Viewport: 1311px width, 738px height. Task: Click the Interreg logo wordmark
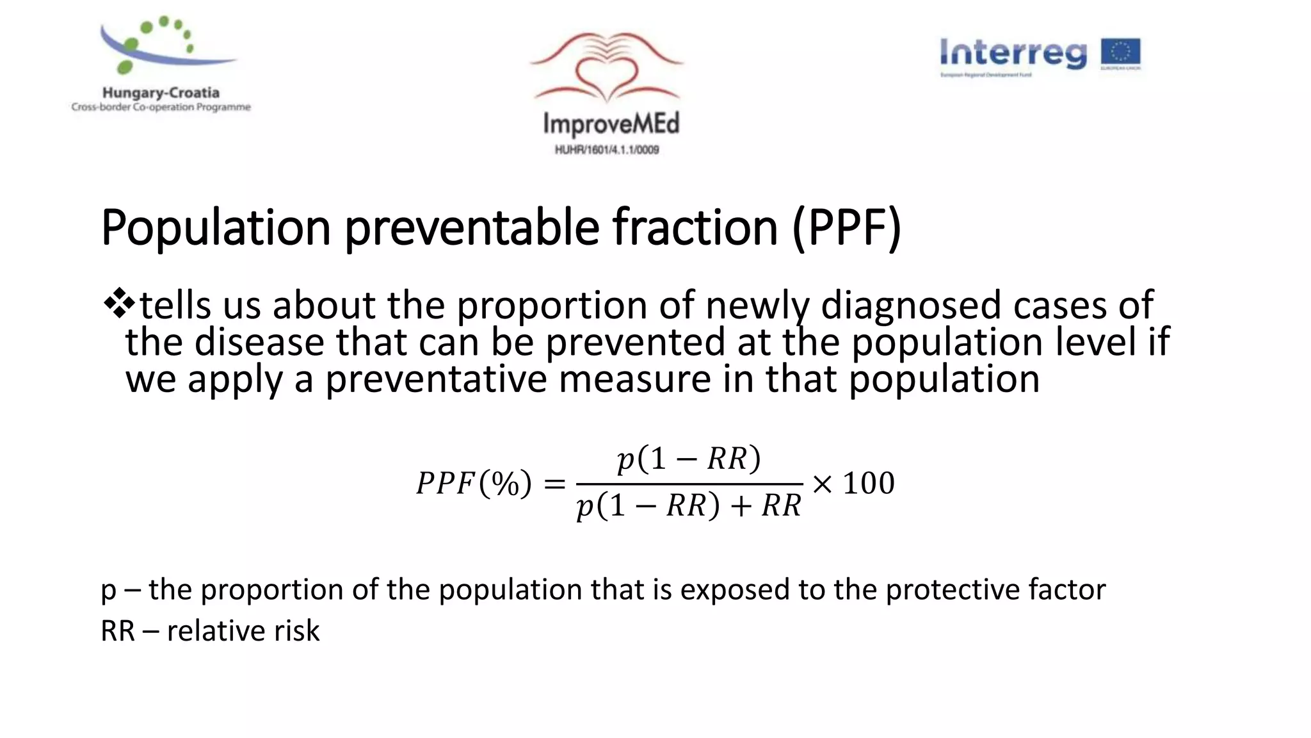tap(1013, 53)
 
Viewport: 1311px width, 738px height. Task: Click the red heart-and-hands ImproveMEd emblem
tap(607, 68)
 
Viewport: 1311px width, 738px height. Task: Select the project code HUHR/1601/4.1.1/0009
tap(607, 150)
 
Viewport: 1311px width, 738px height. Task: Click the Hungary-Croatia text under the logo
tap(161, 93)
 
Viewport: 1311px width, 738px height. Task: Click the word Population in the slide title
tap(216, 228)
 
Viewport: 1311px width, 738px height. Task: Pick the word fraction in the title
tap(695, 228)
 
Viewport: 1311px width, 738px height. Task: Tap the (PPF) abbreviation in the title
tap(846, 228)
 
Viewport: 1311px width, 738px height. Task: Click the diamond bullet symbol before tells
tap(119, 304)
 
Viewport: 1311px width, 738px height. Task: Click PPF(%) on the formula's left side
tap(474, 484)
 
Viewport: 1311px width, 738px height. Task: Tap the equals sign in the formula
tap(554, 484)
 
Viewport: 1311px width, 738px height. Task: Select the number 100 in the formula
tap(869, 483)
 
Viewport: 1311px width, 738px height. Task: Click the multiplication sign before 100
tap(823, 484)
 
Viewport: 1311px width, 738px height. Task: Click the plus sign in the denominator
tap(741, 506)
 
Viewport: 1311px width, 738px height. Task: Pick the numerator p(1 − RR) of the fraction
tap(689, 459)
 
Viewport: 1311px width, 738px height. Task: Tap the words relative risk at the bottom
tap(243, 631)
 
